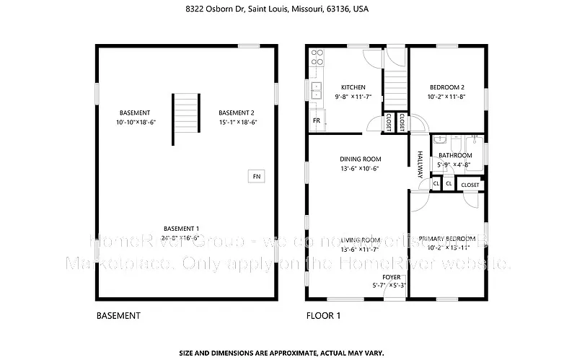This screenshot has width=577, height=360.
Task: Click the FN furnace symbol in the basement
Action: (x=255, y=175)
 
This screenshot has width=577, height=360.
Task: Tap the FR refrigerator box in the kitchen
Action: (x=317, y=121)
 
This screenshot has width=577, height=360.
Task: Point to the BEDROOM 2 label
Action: (x=446, y=87)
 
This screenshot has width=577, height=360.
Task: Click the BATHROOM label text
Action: (x=455, y=155)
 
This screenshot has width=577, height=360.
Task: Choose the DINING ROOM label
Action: (x=361, y=159)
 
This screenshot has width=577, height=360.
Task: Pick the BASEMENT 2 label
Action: (x=237, y=113)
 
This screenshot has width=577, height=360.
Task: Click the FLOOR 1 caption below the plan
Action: (x=324, y=315)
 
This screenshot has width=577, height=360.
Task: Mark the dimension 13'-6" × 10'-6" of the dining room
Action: (x=360, y=169)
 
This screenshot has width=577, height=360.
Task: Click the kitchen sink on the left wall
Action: (x=315, y=90)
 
